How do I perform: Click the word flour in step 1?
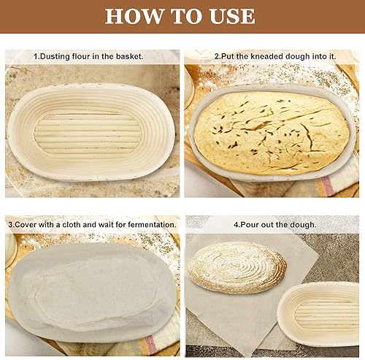(81, 56)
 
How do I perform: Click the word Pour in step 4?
(248, 224)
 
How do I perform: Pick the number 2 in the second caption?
(217, 56)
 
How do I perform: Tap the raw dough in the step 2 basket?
(272, 133)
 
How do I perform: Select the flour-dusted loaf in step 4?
(237, 268)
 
